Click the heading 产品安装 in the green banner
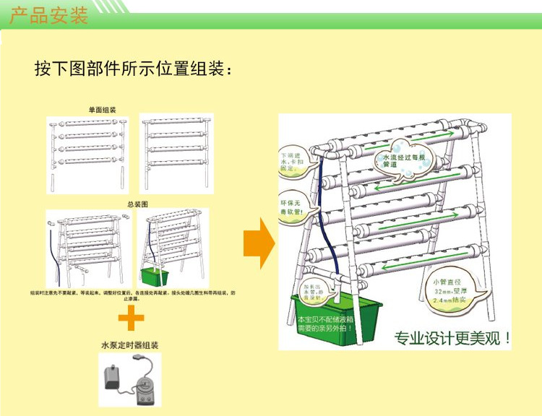[49, 15]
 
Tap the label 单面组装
[103, 110]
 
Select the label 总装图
[137, 204]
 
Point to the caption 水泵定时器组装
[130, 345]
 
